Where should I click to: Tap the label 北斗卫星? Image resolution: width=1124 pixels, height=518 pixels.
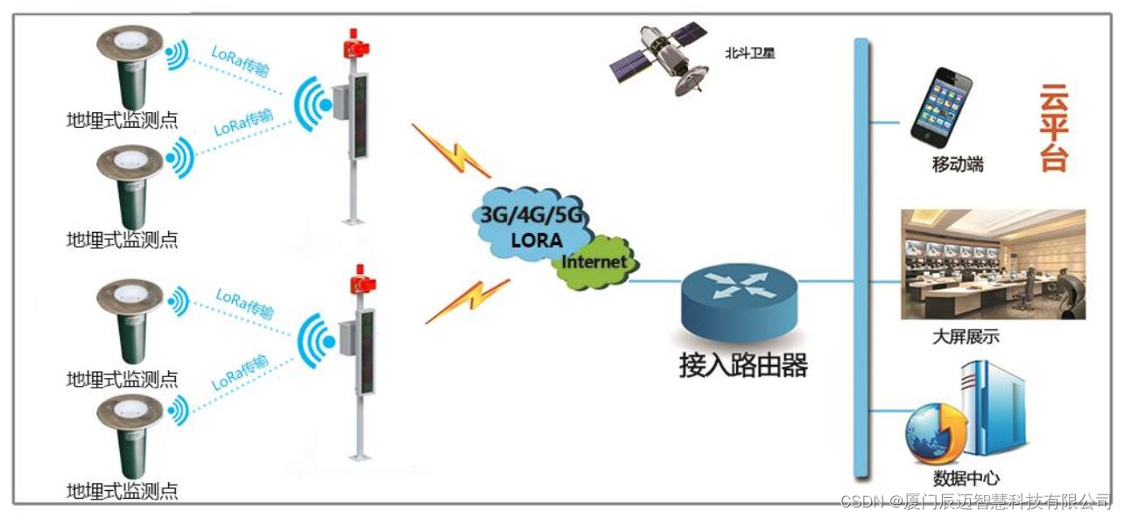coord(749,53)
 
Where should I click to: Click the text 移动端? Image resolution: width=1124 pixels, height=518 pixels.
coord(957,164)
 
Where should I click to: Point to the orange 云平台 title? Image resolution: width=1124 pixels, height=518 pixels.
coord(1054,128)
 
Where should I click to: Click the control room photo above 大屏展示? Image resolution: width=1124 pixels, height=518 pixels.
coord(993,264)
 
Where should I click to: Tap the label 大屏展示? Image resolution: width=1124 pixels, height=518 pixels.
coord(966,337)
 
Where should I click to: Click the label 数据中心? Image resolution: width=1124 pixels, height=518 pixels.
coord(966,479)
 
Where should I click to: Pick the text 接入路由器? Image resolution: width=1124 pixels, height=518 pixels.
coord(742,365)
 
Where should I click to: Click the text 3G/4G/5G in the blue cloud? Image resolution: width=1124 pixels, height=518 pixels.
coord(530,217)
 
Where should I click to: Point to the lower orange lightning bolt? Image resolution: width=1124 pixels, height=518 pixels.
coord(467,302)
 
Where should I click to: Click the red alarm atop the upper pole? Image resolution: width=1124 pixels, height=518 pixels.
coord(356,43)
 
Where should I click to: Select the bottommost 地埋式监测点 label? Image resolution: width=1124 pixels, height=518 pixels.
coord(123,491)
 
